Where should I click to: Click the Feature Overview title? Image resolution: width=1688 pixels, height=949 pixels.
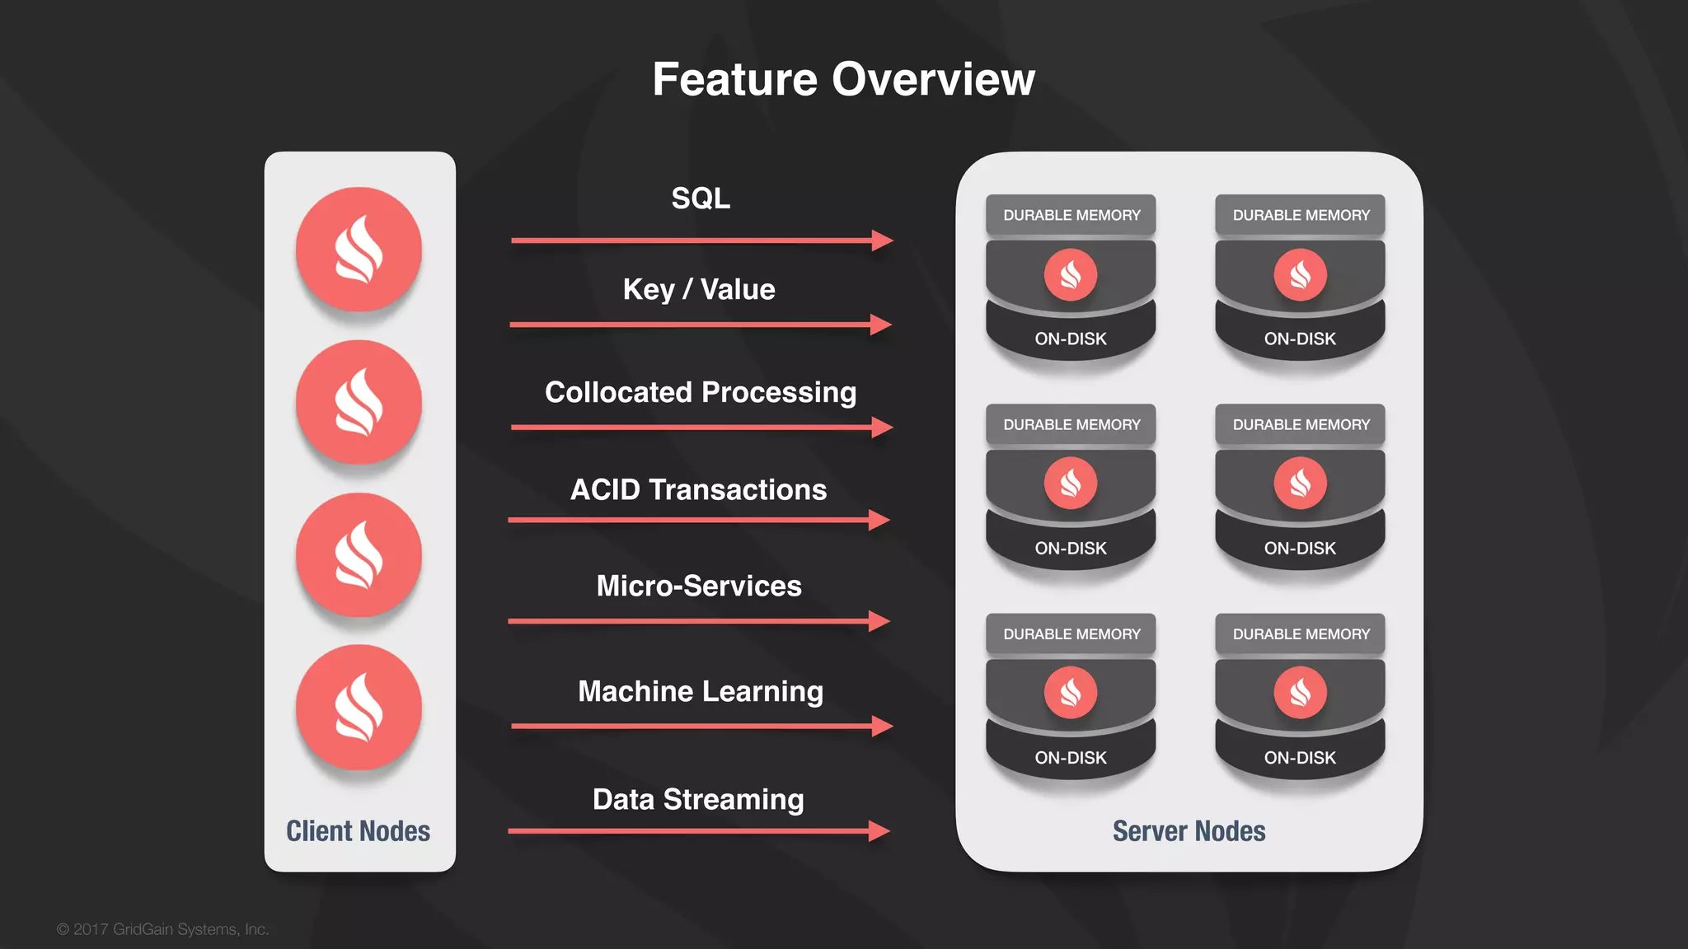(843, 80)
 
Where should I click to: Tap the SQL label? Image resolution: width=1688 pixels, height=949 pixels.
(701, 199)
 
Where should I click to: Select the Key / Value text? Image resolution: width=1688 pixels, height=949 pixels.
(699, 290)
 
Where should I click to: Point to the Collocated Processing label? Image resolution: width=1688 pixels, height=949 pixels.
(701, 392)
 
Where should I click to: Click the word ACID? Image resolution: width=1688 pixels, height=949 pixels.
(605, 490)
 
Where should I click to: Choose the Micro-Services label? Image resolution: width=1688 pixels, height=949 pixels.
(699, 587)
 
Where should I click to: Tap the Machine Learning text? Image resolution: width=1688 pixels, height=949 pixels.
(701, 691)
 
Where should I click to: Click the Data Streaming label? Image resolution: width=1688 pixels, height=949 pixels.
(698, 799)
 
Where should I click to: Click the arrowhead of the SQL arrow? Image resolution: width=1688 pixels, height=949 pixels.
(883, 241)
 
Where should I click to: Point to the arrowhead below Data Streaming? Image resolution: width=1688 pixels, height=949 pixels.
(879, 831)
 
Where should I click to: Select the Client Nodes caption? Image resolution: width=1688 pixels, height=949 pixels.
(359, 831)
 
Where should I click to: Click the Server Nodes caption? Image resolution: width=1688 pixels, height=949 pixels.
(1189, 831)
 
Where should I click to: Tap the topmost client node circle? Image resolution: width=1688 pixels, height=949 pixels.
(359, 250)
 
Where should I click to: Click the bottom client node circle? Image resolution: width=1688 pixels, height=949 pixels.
(359, 708)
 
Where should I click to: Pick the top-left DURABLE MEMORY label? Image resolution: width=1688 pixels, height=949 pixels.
(1071, 215)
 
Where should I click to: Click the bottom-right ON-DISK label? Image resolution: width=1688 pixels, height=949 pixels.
(1300, 758)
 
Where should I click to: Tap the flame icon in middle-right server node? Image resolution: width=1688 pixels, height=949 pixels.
(1300, 483)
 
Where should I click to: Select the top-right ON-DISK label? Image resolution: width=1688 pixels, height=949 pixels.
(1300, 339)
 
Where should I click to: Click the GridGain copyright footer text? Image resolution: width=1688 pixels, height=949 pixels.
(162, 929)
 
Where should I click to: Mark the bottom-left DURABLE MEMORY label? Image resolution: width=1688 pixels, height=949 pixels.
(1071, 634)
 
